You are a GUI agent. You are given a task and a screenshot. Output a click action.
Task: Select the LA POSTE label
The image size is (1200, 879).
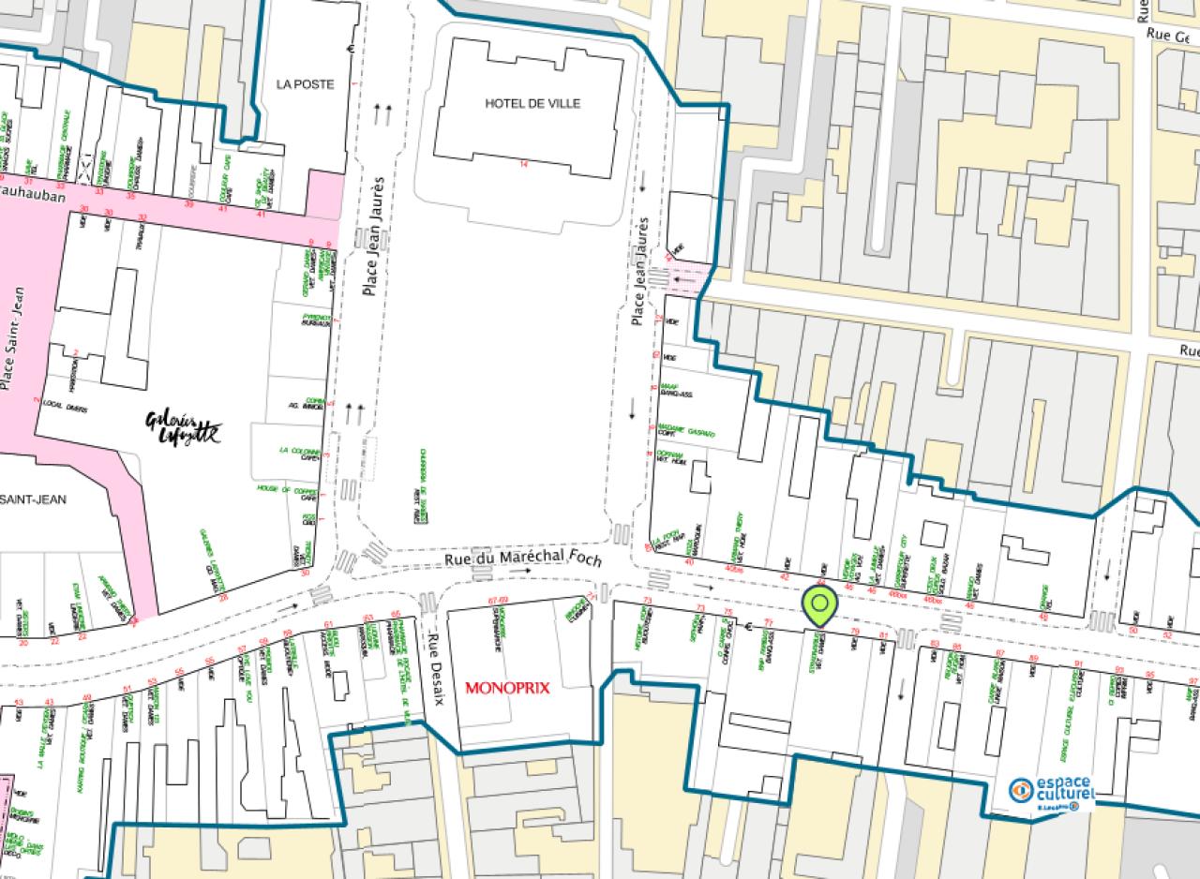click(305, 84)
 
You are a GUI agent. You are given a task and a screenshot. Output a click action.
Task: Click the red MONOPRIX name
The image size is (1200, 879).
click(507, 687)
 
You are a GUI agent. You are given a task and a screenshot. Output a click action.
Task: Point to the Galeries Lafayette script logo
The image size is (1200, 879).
click(184, 427)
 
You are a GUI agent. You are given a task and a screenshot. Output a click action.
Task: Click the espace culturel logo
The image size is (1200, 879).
click(1051, 792)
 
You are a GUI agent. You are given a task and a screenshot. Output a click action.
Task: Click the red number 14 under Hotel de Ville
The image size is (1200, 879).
click(524, 164)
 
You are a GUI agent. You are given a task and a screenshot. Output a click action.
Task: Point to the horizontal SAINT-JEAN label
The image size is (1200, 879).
click(34, 499)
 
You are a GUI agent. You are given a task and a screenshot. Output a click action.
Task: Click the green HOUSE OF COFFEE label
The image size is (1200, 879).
click(287, 490)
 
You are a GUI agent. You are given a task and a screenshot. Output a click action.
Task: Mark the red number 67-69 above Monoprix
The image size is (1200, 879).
click(498, 600)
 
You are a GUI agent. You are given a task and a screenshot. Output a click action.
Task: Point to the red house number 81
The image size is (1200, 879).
click(883, 636)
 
